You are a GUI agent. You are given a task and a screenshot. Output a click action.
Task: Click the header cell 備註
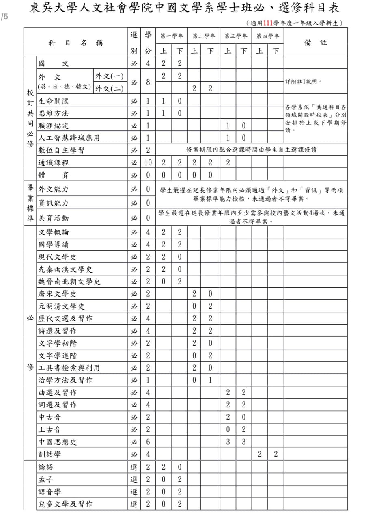[x=315, y=42]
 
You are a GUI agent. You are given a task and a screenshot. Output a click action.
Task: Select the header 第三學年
[x=236, y=36]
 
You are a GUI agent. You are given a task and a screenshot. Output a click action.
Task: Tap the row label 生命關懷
[x=54, y=101]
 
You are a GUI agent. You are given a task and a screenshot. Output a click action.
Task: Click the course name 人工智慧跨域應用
[x=69, y=138]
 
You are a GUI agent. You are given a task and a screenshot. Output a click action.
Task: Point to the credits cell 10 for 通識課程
[x=148, y=162]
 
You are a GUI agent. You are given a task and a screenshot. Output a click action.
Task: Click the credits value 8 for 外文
[x=148, y=82]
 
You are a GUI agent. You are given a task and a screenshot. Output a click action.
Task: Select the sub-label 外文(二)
[x=109, y=88]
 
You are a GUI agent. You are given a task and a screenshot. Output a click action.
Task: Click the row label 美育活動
[x=54, y=218]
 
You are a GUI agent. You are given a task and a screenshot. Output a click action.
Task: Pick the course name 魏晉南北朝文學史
[x=69, y=281]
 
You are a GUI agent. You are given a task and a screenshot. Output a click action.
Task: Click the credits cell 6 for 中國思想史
[x=148, y=442]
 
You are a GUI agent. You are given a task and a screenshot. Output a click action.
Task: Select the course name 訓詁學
[x=50, y=454]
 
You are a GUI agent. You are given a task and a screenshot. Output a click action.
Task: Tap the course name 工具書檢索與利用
[x=69, y=368]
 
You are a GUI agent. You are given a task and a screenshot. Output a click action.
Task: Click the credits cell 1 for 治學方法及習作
[x=148, y=380]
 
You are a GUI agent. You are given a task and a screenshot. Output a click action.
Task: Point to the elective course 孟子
[x=46, y=479]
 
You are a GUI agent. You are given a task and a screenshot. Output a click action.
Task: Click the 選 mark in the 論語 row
[x=134, y=467]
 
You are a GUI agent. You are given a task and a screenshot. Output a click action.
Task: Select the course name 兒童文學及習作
[x=65, y=504]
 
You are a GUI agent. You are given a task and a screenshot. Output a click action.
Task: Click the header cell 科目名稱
[x=75, y=43]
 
